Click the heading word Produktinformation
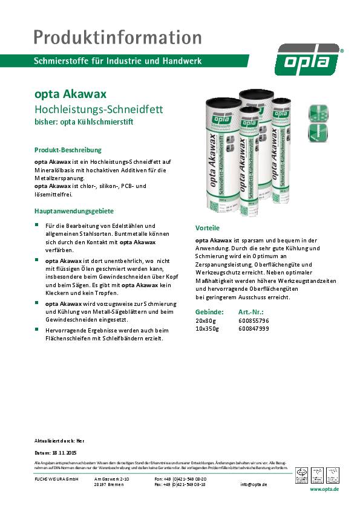point(119,37)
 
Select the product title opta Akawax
point(71,94)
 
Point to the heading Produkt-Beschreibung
point(68,149)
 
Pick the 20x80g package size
point(205,320)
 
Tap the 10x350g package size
point(207,328)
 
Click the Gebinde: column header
point(209,311)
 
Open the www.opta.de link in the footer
point(324,490)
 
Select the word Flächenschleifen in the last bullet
point(65,339)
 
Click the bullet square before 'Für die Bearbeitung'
point(37,225)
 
